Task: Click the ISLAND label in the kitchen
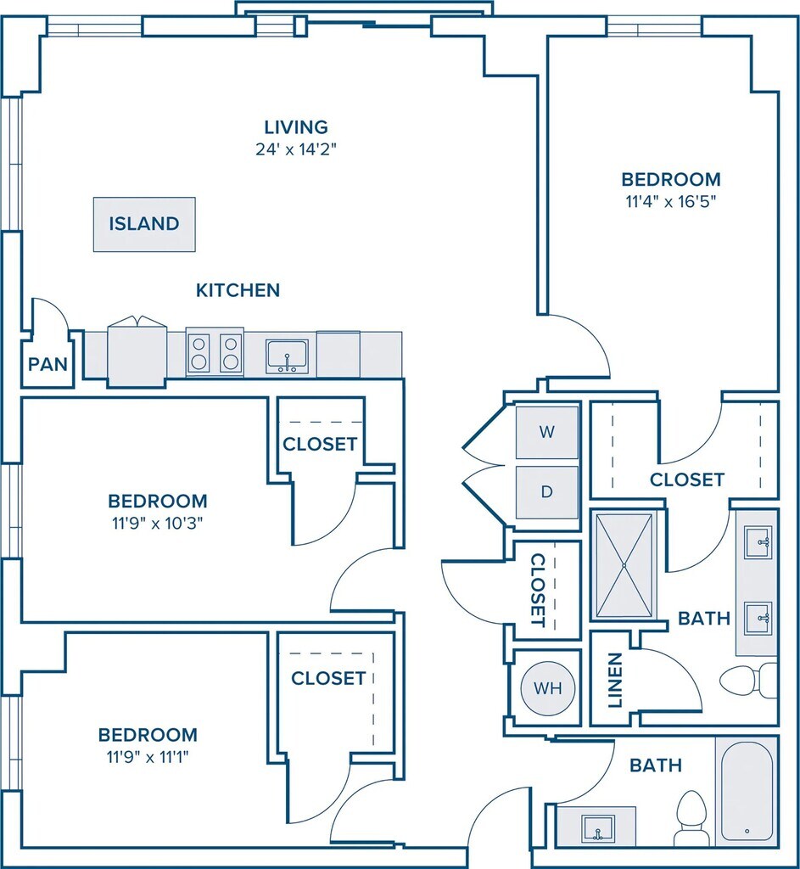pyautogui.click(x=144, y=224)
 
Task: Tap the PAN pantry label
pyautogui.click(x=48, y=365)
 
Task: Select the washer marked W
pyautogui.click(x=547, y=432)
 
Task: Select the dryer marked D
pyautogui.click(x=547, y=491)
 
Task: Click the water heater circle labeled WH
pyautogui.click(x=547, y=687)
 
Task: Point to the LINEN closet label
pyautogui.click(x=615, y=680)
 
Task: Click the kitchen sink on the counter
pyautogui.click(x=287, y=356)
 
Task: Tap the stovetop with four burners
pyautogui.click(x=215, y=352)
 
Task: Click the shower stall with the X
pyautogui.click(x=625, y=565)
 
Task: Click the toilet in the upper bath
pyautogui.click(x=747, y=680)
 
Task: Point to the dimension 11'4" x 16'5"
pyautogui.click(x=670, y=202)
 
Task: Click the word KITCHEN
pyautogui.click(x=238, y=290)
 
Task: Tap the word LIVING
pyautogui.click(x=295, y=127)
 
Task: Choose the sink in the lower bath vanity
pyautogui.click(x=598, y=827)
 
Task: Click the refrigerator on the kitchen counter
pyautogui.click(x=137, y=352)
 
